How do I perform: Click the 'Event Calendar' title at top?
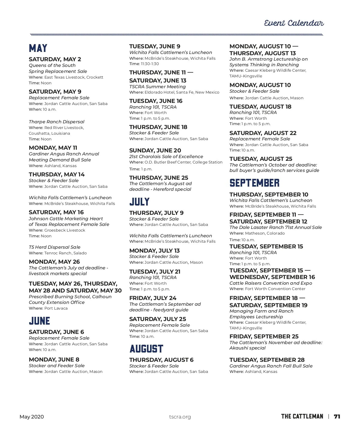click(x=294, y=23)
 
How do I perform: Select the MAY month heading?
click(x=38, y=48)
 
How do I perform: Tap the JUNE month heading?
click(x=39, y=321)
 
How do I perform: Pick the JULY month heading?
click(x=139, y=202)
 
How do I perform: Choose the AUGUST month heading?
click(x=146, y=349)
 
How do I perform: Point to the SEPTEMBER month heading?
click(x=254, y=183)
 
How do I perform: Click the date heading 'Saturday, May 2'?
click(x=55, y=59)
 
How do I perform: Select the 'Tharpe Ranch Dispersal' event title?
click(x=56, y=121)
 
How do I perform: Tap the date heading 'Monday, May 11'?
click(x=53, y=148)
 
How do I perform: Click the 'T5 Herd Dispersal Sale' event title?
click(x=55, y=247)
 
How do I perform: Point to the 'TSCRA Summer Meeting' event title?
click(x=157, y=87)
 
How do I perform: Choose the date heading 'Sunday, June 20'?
click(x=155, y=150)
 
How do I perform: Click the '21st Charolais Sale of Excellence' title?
click(x=166, y=157)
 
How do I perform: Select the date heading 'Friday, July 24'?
click(x=153, y=298)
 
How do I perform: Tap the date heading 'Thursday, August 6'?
click(x=161, y=360)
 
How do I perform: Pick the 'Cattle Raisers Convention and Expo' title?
click(x=271, y=283)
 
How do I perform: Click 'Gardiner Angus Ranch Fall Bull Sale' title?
click(x=271, y=366)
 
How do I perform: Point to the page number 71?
click(x=337, y=416)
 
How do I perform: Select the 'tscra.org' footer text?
click(x=180, y=417)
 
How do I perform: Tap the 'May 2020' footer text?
click(x=31, y=417)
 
